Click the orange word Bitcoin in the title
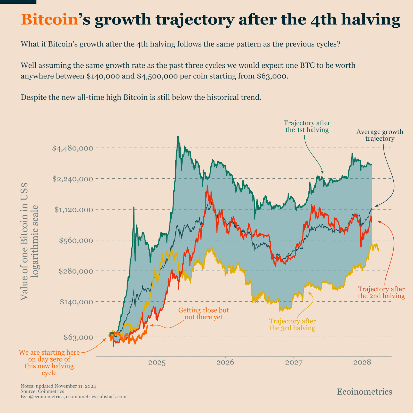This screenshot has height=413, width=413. coord(50,19)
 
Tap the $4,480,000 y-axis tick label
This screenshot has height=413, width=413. coord(73,148)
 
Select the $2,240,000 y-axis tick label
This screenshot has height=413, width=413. coord(73,179)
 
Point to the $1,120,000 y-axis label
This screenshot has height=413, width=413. coord(74,210)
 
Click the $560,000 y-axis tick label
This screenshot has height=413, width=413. coord(76,241)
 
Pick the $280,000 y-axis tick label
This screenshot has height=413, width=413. coord(76,271)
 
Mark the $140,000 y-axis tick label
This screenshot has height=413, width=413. coord(76,302)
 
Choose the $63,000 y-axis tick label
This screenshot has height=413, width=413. coord(78,337)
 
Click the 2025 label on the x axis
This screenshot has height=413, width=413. coord(157,363)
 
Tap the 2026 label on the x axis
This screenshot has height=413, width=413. coord(225,363)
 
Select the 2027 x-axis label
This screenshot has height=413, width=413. coord(294,363)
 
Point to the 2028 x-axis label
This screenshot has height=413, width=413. coord(362,363)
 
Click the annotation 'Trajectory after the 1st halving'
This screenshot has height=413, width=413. coord(307,126)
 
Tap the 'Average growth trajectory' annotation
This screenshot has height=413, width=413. coord(380,135)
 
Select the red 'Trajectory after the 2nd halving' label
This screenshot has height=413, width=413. coord(381,292)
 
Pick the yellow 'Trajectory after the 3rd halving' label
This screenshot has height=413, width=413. coord(292,325)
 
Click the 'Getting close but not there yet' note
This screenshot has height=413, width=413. coord(203,314)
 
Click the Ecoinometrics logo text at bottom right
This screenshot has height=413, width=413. coord(364,392)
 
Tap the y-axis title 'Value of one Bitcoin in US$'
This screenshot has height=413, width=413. coord(24,241)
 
